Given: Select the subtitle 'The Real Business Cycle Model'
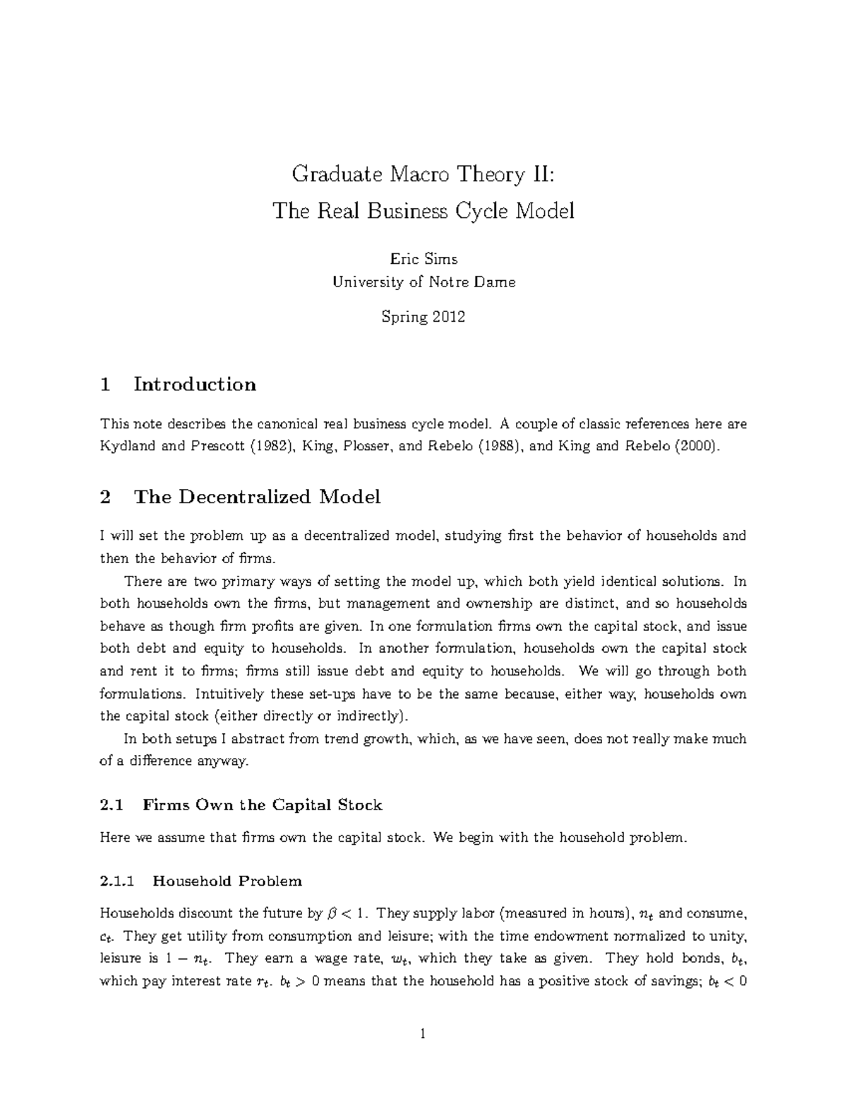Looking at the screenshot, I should pyautogui.click(x=423, y=210).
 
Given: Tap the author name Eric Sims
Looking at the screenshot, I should pyautogui.click(x=423, y=259).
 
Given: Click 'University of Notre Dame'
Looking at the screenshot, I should pyautogui.click(x=423, y=282).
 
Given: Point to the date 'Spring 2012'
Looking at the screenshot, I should pyautogui.click(x=423, y=317).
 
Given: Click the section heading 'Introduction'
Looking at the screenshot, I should pyautogui.click(x=195, y=385).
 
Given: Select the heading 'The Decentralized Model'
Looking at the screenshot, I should pyautogui.click(x=257, y=497).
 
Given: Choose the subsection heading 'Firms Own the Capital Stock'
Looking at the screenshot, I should pyautogui.click(x=262, y=805).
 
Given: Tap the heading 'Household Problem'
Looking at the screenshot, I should pyautogui.click(x=227, y=881).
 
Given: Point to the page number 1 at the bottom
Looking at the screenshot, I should pyautogui.click(x=423, y=1035).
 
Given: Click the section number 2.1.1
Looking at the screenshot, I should pyautogui.click(x=116, y=881).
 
